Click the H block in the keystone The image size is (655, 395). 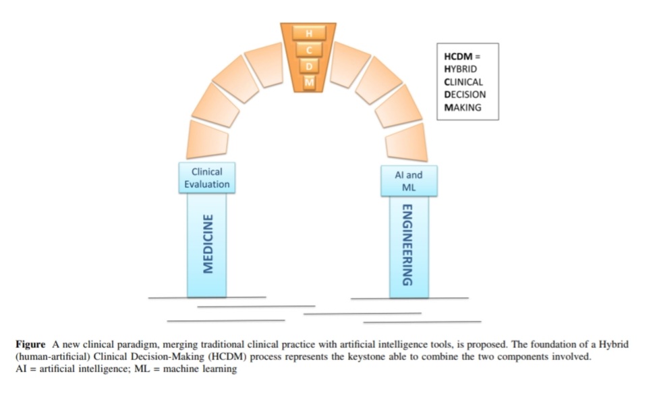tap(309, 33)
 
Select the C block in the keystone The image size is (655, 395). tap(309, 50)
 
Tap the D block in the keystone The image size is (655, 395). tap(309, 66)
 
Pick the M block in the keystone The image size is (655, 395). tap(309, 82)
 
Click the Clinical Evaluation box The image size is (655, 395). tap(207, 178)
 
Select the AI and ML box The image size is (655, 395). tap(409, 181)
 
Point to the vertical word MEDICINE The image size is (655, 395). tap(208, 244)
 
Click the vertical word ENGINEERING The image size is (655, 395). tap(407, 245)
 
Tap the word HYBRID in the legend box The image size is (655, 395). tap(460, 69)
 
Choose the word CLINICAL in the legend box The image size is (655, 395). tap(463, 82)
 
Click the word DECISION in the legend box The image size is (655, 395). tap(465, 95)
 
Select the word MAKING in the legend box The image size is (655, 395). tap(463, 107)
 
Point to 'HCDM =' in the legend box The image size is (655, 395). tap(462, 57)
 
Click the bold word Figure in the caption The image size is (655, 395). tap(30, 344)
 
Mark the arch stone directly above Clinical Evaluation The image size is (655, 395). tap(207, 139)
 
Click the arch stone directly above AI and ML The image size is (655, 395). tap(407, 142)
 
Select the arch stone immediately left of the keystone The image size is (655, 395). tap(265, 64)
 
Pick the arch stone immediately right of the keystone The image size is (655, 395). tap(349, 65)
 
